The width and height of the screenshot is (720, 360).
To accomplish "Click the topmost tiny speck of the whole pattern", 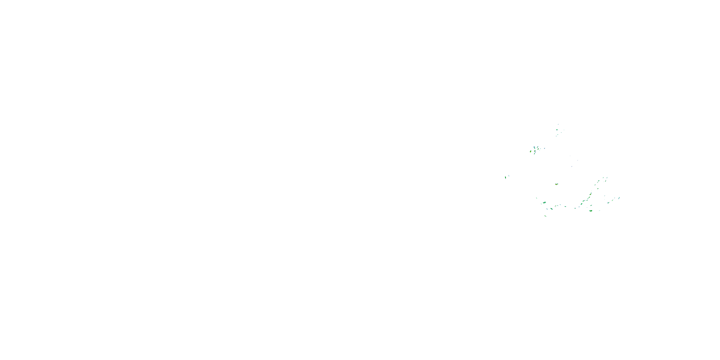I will click(558, 124).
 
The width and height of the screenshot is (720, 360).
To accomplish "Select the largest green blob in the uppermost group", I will click(557, 130).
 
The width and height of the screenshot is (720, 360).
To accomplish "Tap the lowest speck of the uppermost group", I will click(557, 136).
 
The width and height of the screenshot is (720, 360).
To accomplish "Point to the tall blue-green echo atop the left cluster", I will click(534, 147).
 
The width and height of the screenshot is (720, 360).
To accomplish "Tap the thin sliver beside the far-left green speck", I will click(509, 176).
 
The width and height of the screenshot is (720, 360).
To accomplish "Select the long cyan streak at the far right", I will click(619, 198).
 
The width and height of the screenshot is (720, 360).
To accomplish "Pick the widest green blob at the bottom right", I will click(591, 211).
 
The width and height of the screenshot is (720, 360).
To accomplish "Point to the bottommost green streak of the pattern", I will click(545, 216).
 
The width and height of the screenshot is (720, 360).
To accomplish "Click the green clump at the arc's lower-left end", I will click(545, 202).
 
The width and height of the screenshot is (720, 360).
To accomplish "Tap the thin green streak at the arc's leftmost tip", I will click(536, 198).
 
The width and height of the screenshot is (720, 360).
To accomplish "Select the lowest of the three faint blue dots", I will click(572, 167).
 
